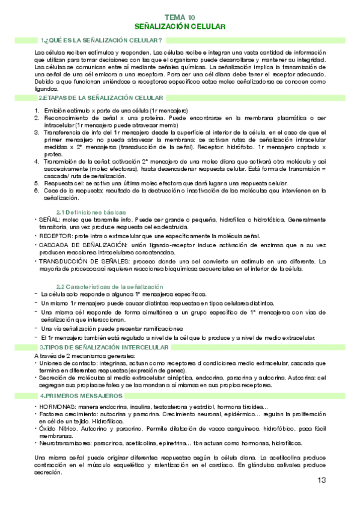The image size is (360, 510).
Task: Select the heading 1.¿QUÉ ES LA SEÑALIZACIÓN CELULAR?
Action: point(101,40)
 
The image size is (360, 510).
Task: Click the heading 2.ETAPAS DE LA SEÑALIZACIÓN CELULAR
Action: point(100,97)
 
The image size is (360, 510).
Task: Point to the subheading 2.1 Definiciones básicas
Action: point(91,212)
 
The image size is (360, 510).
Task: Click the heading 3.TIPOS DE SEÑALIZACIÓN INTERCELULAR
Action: point(103,348)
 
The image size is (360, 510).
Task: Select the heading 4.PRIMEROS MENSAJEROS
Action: point(81,396)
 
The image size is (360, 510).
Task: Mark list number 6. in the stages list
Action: point(37,191)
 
